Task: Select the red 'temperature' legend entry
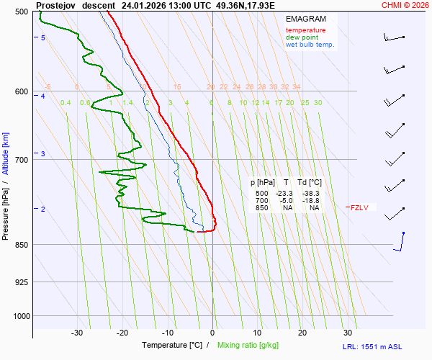tap(305, 30)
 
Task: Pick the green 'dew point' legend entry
tap(302, 37)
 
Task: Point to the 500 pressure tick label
tap(21, 12)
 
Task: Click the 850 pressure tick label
tap(21, 245)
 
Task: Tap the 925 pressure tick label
tap(21, 282)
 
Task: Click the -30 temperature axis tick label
tap(77, 333)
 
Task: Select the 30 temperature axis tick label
tap(347, 333)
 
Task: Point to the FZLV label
tap(359, 208)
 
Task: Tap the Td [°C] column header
tap(311, 183)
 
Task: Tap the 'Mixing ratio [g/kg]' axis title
tap(252, 346)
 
